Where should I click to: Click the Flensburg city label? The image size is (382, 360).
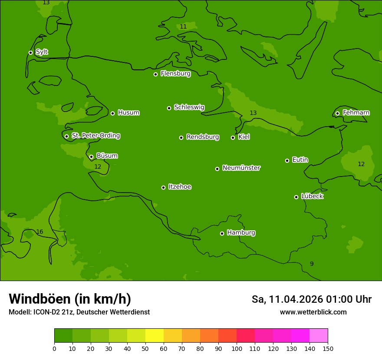pyautogui.click(x=175, y=74)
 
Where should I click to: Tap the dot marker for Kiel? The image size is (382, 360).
pyautogui.click(x=233, y=137)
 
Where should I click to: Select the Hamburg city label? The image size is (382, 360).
pyautogui.click(x=241, y=233)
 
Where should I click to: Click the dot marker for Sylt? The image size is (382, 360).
pyautogui.click(x=30, y=52)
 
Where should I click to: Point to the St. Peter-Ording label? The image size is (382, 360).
pyautogui.click(x=95, y=136)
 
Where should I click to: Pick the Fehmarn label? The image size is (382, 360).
pyautogui.click(x=356, y=113)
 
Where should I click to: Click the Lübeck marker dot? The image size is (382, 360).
pyautogui.click(x=296, y=197)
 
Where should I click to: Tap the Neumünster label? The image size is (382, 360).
pyautogui.click(x=241, y=168)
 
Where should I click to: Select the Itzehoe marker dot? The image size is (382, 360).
pyautogui.click(x=163, y=187)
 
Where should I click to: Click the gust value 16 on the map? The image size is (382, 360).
pyautogui.click(x=40, y=232)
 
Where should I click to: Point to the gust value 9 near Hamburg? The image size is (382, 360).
pyautogui.click(x=312, y=264)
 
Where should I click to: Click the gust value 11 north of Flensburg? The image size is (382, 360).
pyautogui.click(x=183, y=27)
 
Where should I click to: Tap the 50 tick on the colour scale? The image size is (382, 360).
pyautogui.click(x=145, y=348)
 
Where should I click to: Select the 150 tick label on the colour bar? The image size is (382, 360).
pyautogui.click(x=328, y=348)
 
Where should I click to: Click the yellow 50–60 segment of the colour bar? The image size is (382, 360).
pyautogui.click(x=155, y=335)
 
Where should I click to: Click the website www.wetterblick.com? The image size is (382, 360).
pyautogui.click(x=313, y=312)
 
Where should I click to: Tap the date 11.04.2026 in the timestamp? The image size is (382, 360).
pyautogui.click(x=296, y=299)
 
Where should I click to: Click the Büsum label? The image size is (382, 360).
pyautogui.click(x=107, y=156)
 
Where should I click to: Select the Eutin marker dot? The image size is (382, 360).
pyautogui.click(x=287, y=160)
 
